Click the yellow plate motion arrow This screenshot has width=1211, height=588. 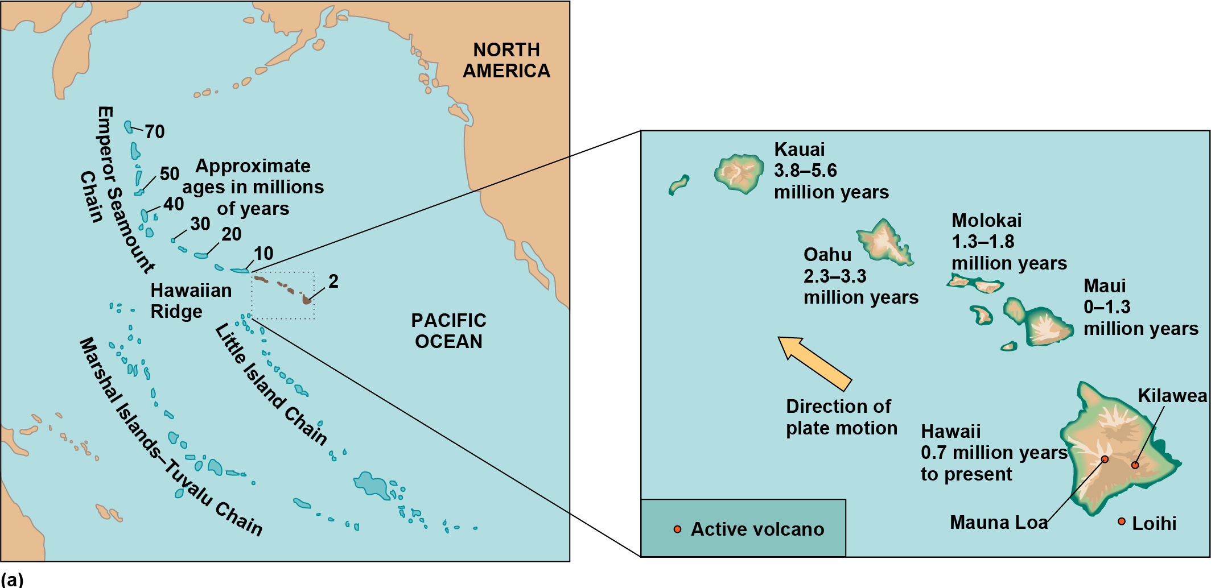tap(815, 364)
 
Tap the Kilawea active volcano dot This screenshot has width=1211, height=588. tap(1135, 465)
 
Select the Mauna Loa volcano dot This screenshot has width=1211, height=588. tap(1105, 459)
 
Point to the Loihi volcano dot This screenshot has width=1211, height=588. tap(1122, 521)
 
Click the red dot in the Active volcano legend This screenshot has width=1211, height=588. tap(677, 529)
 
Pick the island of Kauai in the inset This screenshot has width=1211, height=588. tap(739, 173)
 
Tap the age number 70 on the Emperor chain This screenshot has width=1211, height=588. tap(154, 132)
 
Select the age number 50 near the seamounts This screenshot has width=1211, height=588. tap(169, 174)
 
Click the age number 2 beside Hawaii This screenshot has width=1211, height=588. tap(333, 281)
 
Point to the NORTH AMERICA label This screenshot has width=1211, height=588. tap(506, 60)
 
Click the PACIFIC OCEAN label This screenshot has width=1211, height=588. tap(448, 331)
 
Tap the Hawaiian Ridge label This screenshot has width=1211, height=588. tap(191, 301)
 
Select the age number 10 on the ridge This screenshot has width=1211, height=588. tap(263, 254)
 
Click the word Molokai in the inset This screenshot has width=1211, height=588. tap(986, 221)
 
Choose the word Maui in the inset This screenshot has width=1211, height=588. tap(1104, 286)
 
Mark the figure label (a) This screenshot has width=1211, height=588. tap(12, 579)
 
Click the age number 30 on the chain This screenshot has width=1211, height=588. tap(200, 224)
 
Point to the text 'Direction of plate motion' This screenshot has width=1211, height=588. tap(841, 417)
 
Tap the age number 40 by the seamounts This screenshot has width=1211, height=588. tap(174, 204)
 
